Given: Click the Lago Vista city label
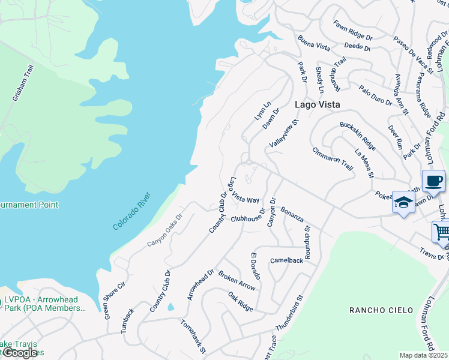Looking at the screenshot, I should [318, 104].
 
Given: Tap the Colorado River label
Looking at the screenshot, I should [133, 211].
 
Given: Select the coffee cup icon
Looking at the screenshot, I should [433, 181].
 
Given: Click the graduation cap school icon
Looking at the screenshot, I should [403, 202].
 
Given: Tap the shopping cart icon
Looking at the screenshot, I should [442, 232].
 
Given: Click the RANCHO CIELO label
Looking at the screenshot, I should [381, 310].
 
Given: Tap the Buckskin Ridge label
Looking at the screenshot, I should [357, 137].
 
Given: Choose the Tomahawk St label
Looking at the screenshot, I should [194, 336].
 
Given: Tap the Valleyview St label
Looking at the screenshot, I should [284, 136].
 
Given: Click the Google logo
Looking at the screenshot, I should [19, 353].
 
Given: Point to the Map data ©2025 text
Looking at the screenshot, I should [424, 355].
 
